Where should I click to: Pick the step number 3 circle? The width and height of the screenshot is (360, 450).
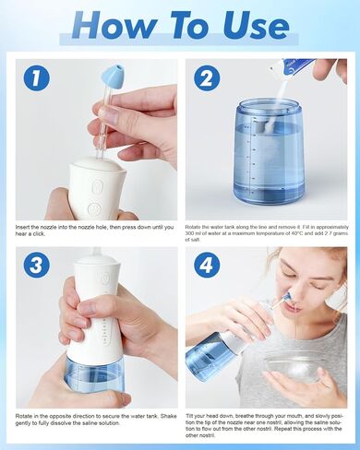pos(36,264)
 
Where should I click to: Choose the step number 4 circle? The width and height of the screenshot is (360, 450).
pos(206,264)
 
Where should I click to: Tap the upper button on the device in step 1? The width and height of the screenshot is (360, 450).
pos(95,184)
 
